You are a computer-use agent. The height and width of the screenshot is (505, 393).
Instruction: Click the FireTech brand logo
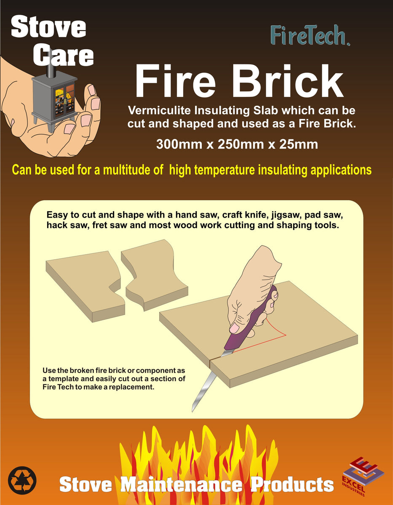point(310,35)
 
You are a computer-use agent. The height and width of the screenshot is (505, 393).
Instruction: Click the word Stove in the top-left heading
point(48,28)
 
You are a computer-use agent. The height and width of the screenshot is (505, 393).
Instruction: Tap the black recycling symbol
point(22,480)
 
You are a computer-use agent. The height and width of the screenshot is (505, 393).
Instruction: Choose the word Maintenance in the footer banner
point(182,484)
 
